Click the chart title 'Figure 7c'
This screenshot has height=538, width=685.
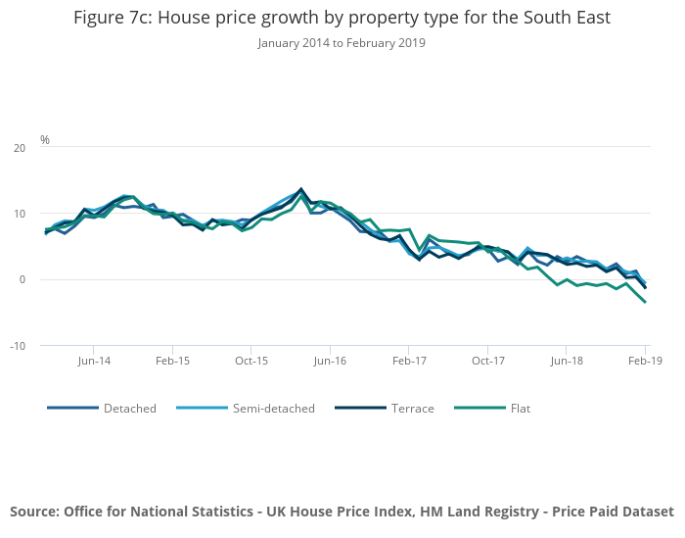pyautogui.click(x=342, y=18)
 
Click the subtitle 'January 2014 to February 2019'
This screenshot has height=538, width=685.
pyautogui.click(x=342, y=43)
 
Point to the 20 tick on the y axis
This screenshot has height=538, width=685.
pyautogui.click(x=20, y=148)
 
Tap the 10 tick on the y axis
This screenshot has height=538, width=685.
pyautogui.click(x=20, y=214)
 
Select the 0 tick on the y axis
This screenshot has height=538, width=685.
pyautogui.click(x=23, y=279)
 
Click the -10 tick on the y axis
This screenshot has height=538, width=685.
pyautogui.click(x=18, y=346)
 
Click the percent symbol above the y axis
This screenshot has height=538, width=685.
pyautogui.click(x=45, y=140)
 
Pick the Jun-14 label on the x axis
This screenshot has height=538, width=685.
pyautogui.click(x=93, y=362)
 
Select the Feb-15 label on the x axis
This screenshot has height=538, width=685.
pyautogui.click(x=172, y=362)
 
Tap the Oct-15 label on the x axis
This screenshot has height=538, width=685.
pyautogui.click(x=251, y=362)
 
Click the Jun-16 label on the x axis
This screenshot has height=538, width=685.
pyautogui.click(x=330, y=362)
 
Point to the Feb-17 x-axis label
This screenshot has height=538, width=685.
pyautogui.click(x=409, y=362)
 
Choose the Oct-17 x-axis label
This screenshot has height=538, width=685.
pyautogui.click(x=487, y=362)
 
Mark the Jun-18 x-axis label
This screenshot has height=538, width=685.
pyautogui.click(x=567, y=362)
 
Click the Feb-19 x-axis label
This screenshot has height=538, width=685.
pyautogui.click(x=645, y=362)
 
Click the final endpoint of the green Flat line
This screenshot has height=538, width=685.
pyautogui.click(x=645, y=302)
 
